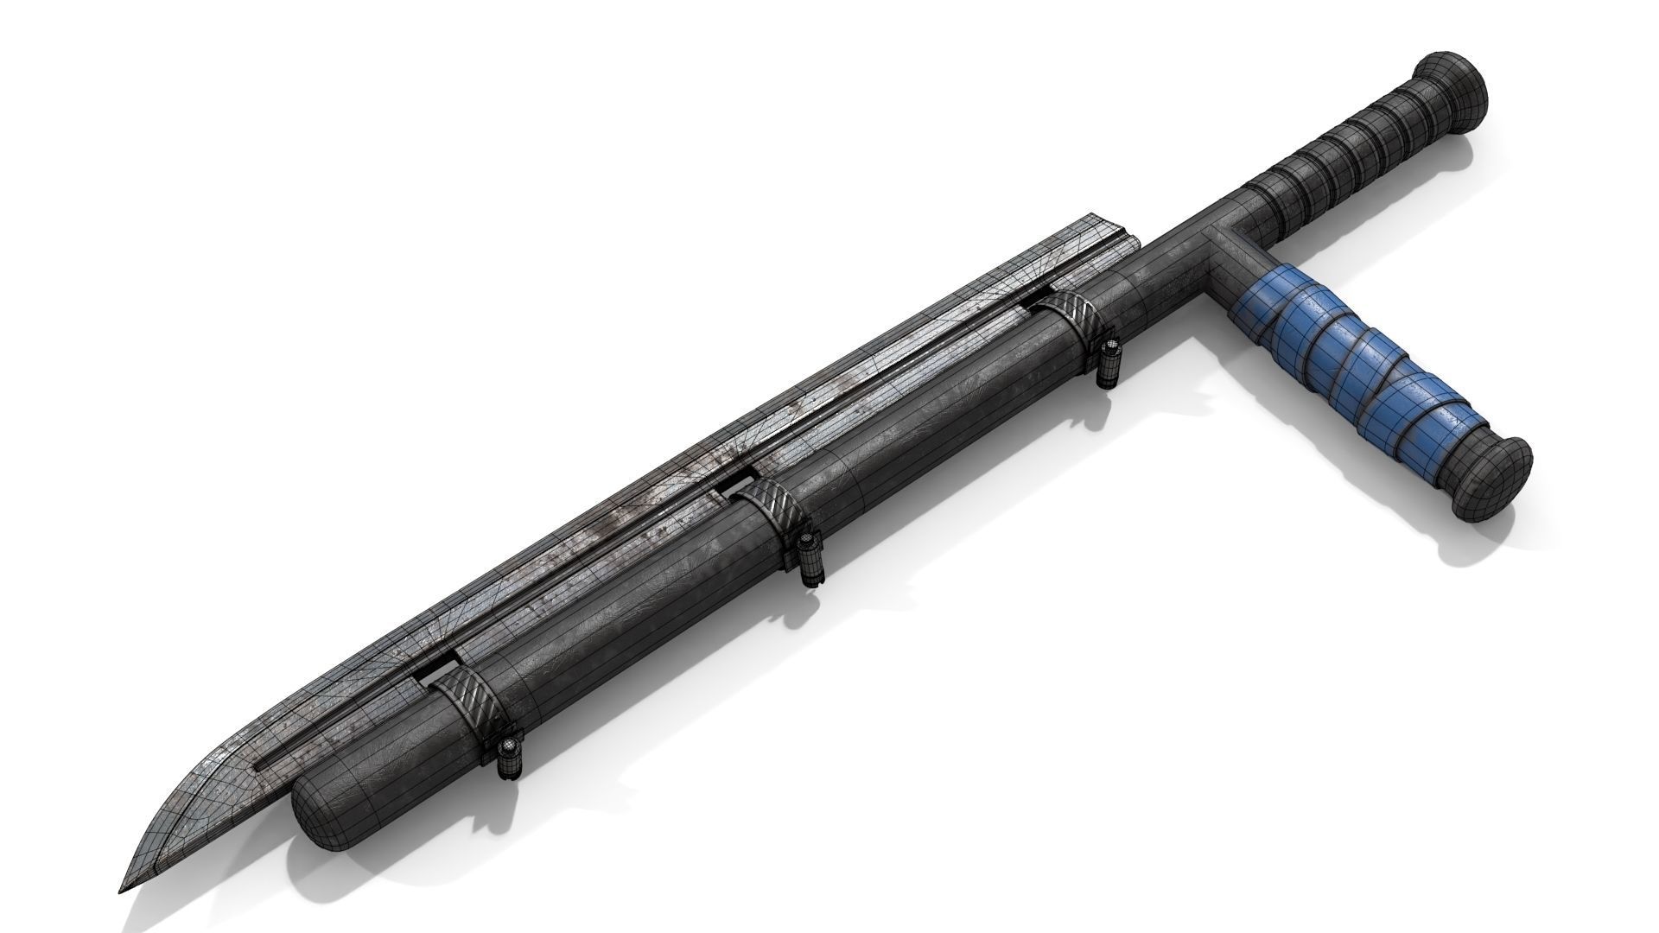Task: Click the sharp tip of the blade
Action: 121,866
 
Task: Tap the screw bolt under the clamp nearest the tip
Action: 510,757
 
